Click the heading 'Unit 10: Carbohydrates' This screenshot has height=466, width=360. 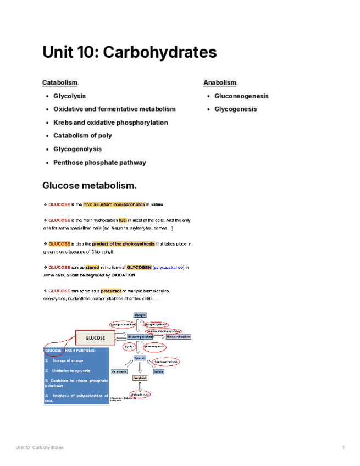pyautogui.click(x=129, y=53)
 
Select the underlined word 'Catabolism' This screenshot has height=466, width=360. pyautogui.click(x=60, y=82)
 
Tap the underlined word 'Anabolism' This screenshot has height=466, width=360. pyautogui.click(x=220, y=82)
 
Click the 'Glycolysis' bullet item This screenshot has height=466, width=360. pyautogui.click(x=69, y=96)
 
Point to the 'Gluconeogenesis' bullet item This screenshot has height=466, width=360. pyautogui.click(x=241, y=96)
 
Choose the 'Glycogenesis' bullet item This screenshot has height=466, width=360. pyautogui.click(x=235, y=109)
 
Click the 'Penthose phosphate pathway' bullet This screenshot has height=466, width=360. pyautogui.click(x=99, y=162)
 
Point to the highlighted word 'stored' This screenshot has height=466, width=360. pyautogui.click(x=92, y=267)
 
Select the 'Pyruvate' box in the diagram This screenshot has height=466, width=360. pyautogui.click(x=140, y=358)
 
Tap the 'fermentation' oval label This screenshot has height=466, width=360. pyautogui.click(x=165, y=362)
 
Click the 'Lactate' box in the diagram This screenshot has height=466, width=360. pyautogui.click(x=158, y=371)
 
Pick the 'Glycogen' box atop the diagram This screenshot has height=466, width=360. pyautogui.click(x=140, y=314)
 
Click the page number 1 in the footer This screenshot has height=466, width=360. pyautogui.click(x=343, y=447)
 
